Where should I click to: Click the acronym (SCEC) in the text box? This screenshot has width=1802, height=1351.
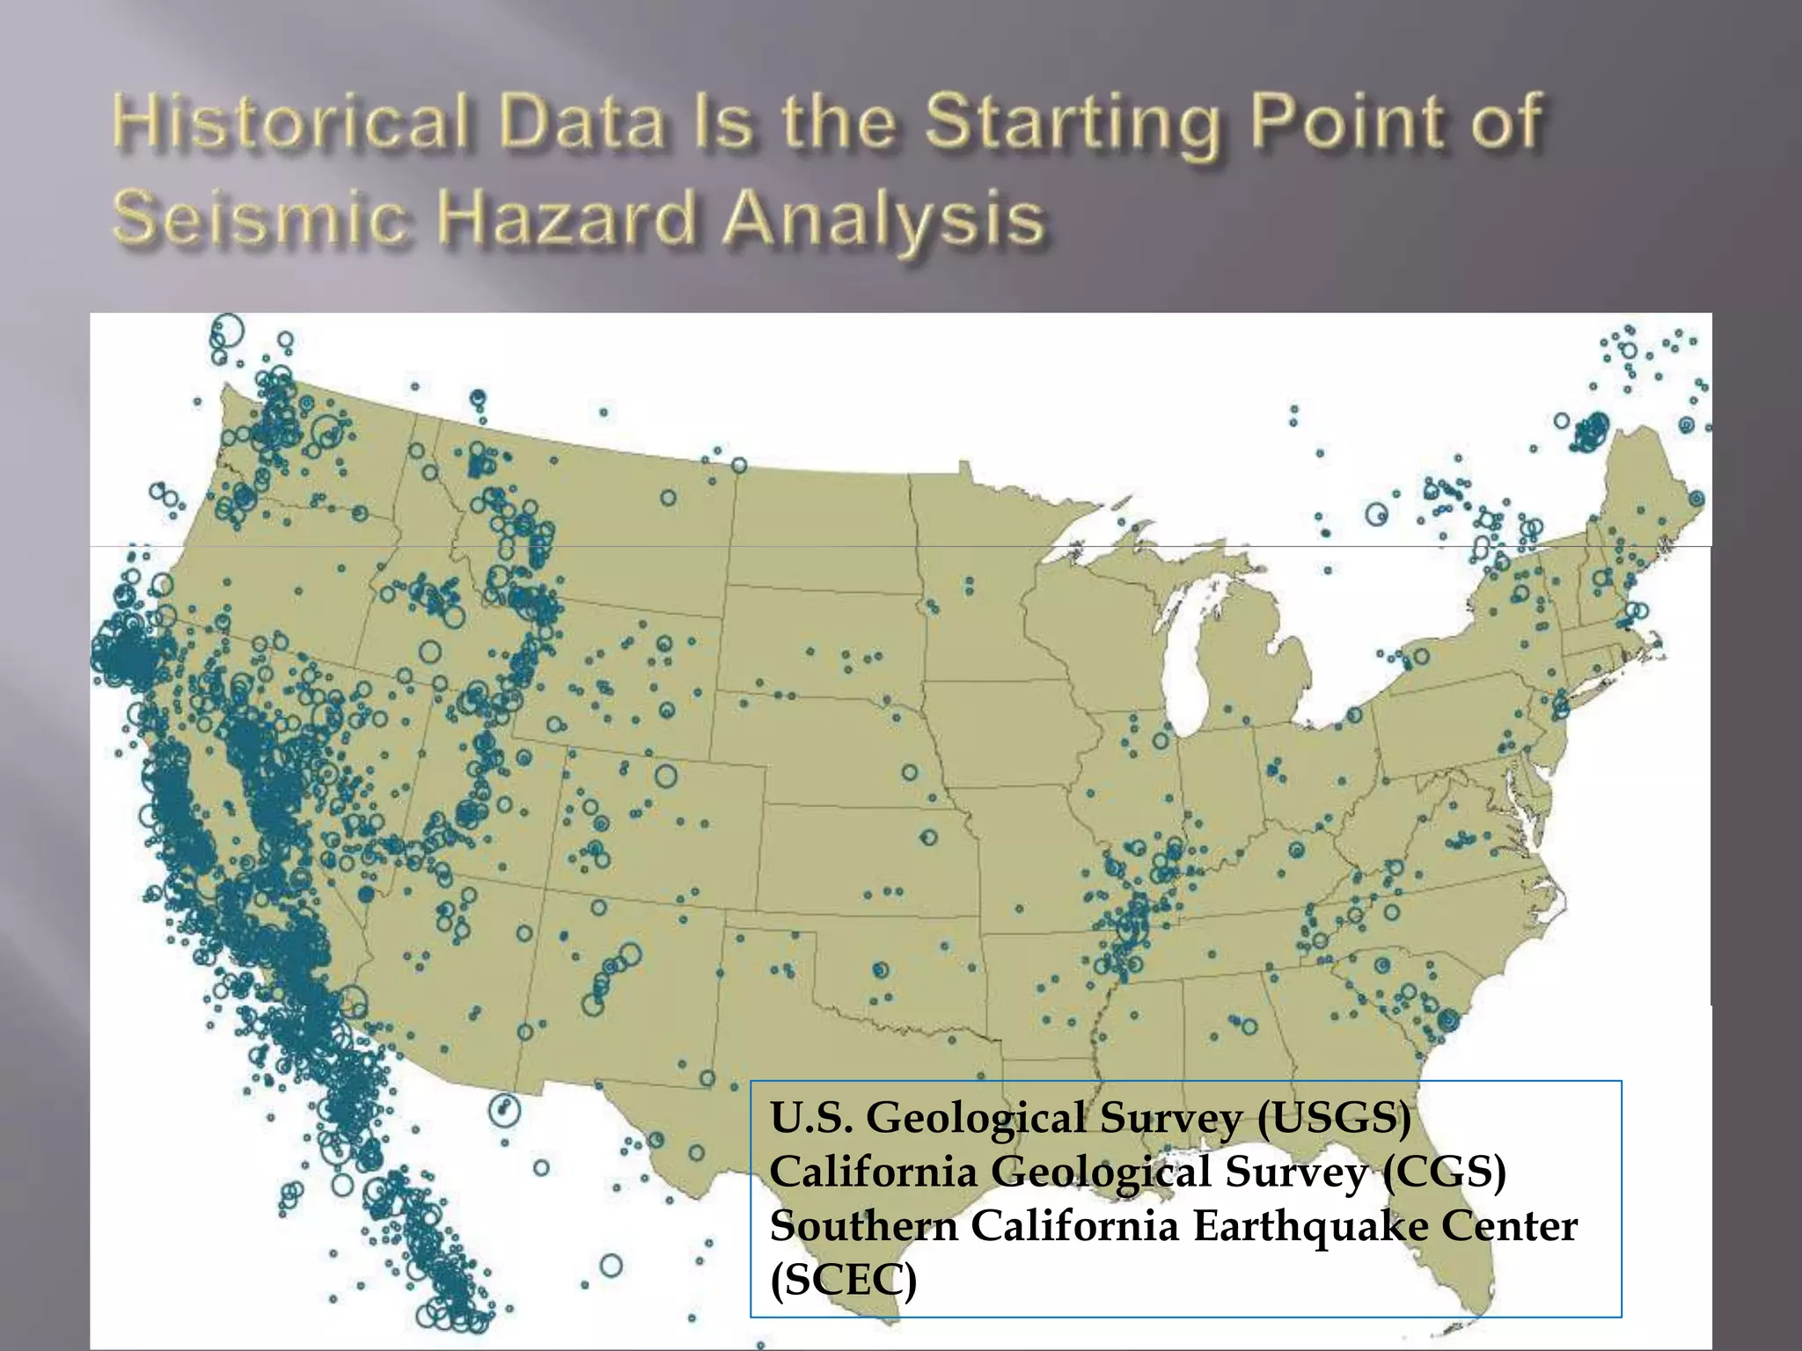(x=843, y=1280)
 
